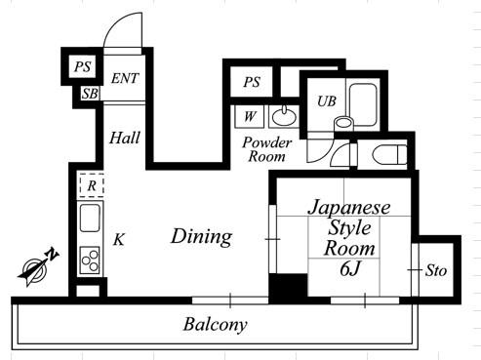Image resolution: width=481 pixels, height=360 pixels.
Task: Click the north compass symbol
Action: coord(38,267)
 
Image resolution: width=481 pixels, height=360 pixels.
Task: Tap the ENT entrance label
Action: coord(125,78)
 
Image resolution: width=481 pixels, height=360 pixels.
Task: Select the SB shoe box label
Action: coord(90,94)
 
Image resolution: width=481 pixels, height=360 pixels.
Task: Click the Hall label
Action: coord(125,138)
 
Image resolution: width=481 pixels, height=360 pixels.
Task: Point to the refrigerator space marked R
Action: coord(92,185)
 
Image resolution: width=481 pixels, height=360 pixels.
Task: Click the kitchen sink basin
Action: coord(90,218)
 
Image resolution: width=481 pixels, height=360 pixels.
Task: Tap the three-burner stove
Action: coord(90,260)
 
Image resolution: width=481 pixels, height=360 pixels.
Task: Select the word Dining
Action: coord(202,237)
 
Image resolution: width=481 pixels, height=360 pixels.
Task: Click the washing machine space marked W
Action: coord(250,116)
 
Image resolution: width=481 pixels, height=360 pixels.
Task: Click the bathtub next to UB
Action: coord(363,104)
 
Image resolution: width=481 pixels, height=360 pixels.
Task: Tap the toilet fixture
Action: coord(389,155)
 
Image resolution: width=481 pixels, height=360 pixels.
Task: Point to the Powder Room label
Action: coord(267,149)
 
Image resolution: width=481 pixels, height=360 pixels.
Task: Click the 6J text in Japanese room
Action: coord(350,269)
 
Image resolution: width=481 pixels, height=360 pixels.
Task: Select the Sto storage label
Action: coord(436,270)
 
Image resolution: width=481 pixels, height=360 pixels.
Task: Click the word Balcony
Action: coord(216,325)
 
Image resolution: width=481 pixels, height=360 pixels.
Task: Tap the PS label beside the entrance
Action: coord(83,66)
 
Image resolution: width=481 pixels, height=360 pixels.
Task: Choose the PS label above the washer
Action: coord(252,82)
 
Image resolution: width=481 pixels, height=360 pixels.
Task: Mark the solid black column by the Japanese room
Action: coord(288,288)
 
